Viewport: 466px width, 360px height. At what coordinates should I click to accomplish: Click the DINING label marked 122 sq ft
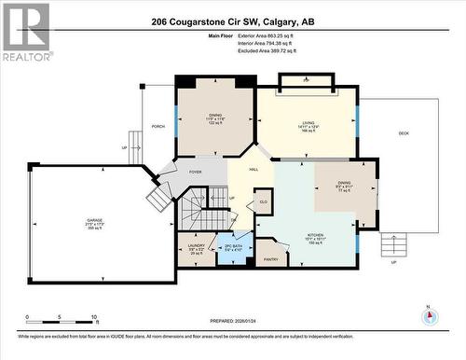click(215, 115)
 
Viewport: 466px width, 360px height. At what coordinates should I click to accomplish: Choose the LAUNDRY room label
click(197, 246)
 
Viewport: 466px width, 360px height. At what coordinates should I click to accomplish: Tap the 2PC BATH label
click(233, 246)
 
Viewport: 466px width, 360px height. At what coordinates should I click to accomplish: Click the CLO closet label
click(264, 201)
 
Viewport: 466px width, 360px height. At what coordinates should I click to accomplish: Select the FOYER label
click(195, 173)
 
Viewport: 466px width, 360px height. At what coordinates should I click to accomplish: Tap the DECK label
click(404, 133)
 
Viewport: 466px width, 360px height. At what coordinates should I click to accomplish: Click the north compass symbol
click(430, 313)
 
